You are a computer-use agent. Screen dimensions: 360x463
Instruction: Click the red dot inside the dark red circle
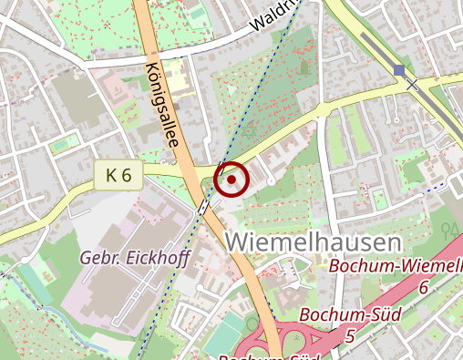pos(232,180)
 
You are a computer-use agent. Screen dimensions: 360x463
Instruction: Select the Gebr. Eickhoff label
pos(134,258)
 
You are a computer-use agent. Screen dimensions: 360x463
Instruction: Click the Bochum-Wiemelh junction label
pos(395,266)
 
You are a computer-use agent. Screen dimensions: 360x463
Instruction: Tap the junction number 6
pos(422,286)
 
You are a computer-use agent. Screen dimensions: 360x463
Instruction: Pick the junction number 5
pos(350,336)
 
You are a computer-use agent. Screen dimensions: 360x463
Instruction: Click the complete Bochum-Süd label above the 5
pos(337,316)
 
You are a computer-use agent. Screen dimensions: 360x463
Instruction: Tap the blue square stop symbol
pos(398,70)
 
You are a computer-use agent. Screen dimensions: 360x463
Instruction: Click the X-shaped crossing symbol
pos(412,85)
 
